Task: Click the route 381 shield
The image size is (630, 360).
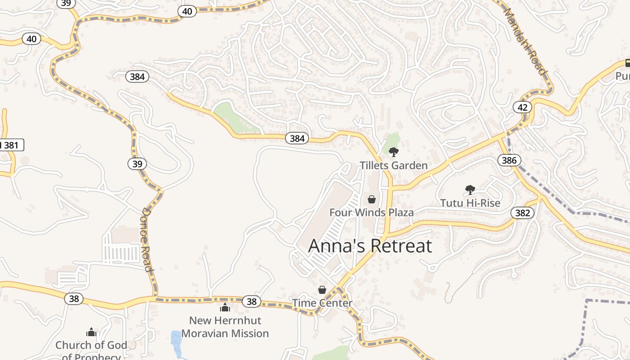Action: pos(11,145)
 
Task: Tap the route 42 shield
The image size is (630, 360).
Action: pos(522,107)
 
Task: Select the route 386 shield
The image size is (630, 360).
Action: pos(509,160)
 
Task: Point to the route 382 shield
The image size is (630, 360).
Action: pos(522,213)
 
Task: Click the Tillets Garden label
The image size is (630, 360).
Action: pos(394,165)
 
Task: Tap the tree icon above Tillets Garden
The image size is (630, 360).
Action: pos(394,152)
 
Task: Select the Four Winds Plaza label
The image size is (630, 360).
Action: pos(372,212)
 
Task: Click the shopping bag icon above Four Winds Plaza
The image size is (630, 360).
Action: pos(372,199)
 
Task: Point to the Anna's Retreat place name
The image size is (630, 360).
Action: pos(370,246)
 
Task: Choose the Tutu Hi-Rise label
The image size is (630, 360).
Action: pos(470,203)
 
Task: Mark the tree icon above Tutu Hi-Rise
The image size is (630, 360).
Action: pos(470,190)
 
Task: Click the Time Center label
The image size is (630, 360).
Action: pos(322,303)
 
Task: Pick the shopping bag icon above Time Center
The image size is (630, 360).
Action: pos(322,290)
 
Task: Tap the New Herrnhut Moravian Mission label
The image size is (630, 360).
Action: pos(225,327)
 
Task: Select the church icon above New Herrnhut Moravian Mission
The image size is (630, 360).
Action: pos(225,307)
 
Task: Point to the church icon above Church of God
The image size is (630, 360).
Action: pos(91,333)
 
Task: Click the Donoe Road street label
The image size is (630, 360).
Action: pos(147,239)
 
